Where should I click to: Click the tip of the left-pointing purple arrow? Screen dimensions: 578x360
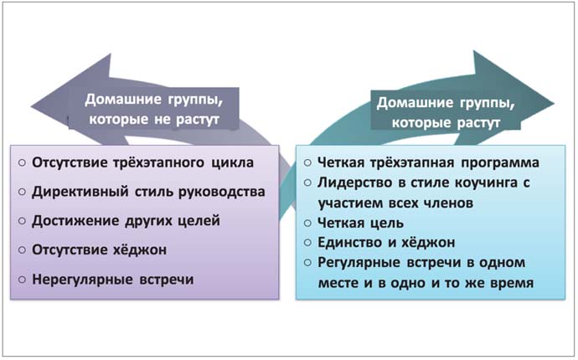coord(32,107)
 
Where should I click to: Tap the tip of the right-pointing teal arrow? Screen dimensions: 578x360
coord(554,104)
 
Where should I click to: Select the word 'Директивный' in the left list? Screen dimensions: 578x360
coord(80,192)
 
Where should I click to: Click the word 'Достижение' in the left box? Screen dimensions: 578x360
coord(75,221)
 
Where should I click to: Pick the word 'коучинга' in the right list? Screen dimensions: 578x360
coord(486,183)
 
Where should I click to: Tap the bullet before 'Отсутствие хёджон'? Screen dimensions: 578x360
coord(22,249)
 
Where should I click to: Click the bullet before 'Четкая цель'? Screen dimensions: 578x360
coord(307,223)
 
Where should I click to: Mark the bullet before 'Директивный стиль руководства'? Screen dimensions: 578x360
coord(22,192)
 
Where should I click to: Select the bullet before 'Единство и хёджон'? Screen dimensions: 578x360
coord(307,243)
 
